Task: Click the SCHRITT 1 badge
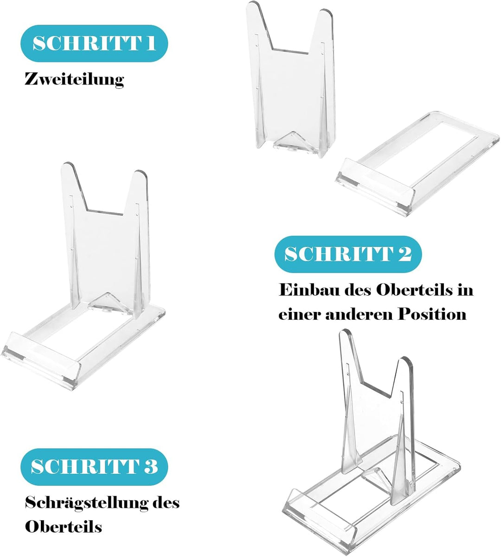(94, 43)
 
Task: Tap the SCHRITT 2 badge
(348, 254)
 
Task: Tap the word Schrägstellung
(87, 503)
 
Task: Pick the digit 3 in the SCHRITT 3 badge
(150, 467)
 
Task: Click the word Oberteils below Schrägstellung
(64, 526)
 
